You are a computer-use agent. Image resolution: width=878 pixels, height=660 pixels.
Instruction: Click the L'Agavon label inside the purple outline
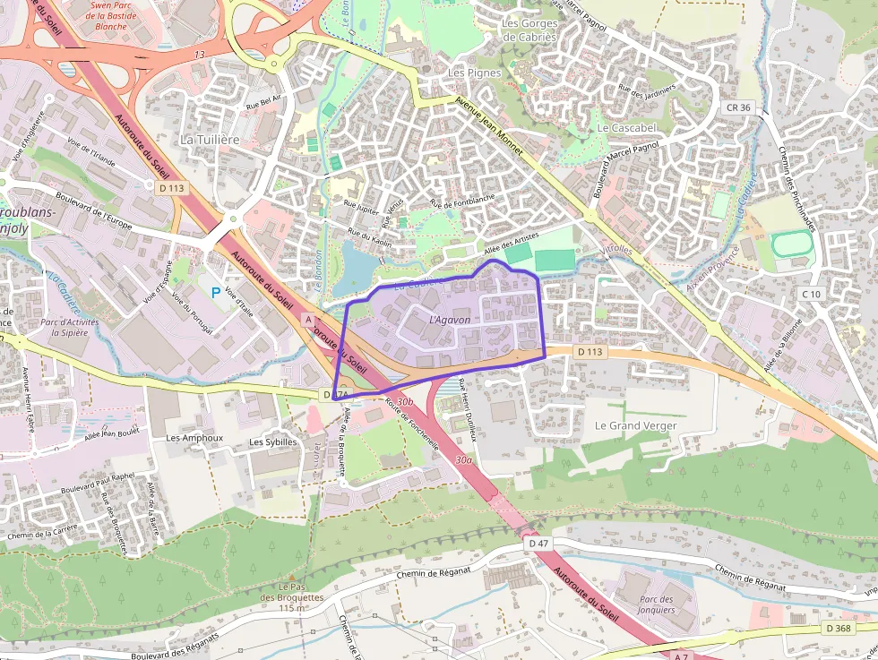450,319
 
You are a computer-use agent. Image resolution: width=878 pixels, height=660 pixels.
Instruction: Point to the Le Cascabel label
626,128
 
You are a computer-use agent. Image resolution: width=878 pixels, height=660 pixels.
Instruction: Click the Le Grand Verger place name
635,425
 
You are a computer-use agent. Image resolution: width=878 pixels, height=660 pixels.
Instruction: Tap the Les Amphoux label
194,439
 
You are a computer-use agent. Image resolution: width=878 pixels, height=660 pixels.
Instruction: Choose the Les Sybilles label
273,441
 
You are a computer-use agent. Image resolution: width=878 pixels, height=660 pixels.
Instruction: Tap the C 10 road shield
812,294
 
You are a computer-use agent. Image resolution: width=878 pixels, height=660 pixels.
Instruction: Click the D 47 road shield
538,544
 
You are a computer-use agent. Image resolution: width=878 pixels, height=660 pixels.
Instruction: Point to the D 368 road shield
839,629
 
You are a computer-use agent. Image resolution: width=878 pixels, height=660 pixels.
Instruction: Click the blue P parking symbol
215,292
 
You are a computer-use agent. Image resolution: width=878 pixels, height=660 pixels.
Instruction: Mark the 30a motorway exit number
463,459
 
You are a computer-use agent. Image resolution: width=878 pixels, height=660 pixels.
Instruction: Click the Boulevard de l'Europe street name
93,209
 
